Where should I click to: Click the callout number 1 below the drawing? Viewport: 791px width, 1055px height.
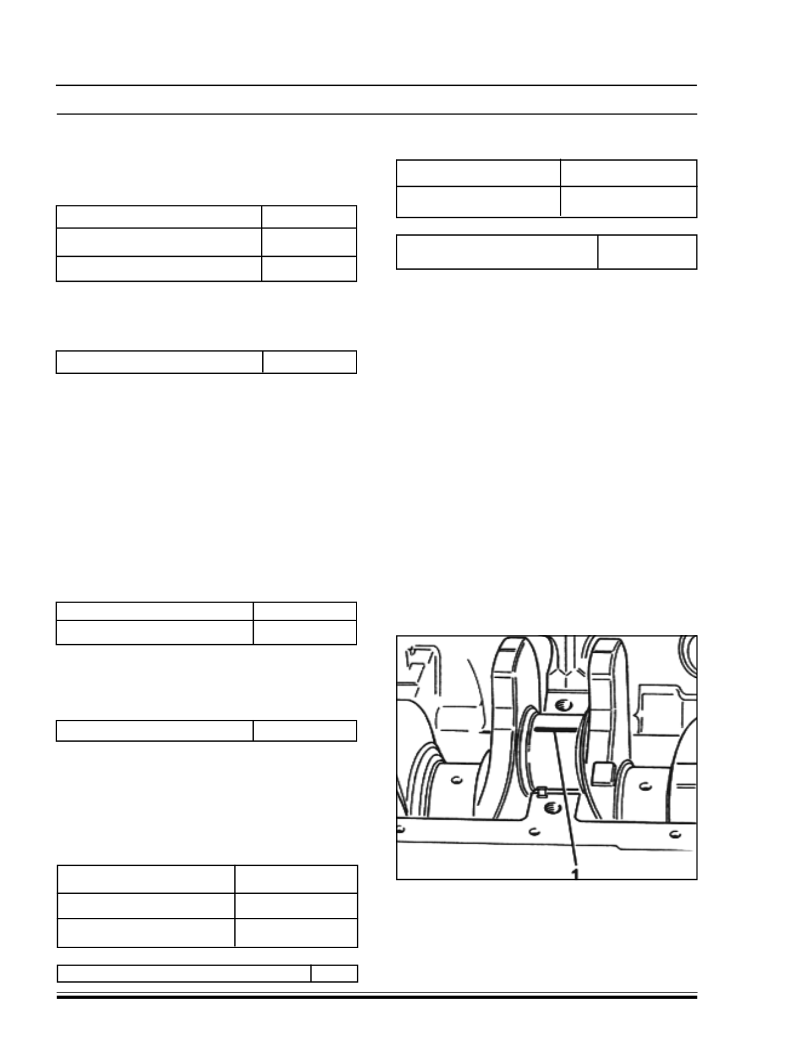click(x=575, y=874)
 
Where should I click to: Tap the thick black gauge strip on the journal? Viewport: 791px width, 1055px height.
click(x=555, y=728)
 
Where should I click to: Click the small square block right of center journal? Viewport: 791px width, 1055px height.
click(x=601, y=772)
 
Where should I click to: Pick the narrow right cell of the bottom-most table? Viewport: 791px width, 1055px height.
click(x=334, y=973)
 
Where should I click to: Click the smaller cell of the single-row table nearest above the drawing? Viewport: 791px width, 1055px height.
click(x=647, y=252)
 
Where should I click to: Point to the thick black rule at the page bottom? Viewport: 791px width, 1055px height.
click(x=377, y=997)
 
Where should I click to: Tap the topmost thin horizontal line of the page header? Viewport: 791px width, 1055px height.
click(x=377, y=85)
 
